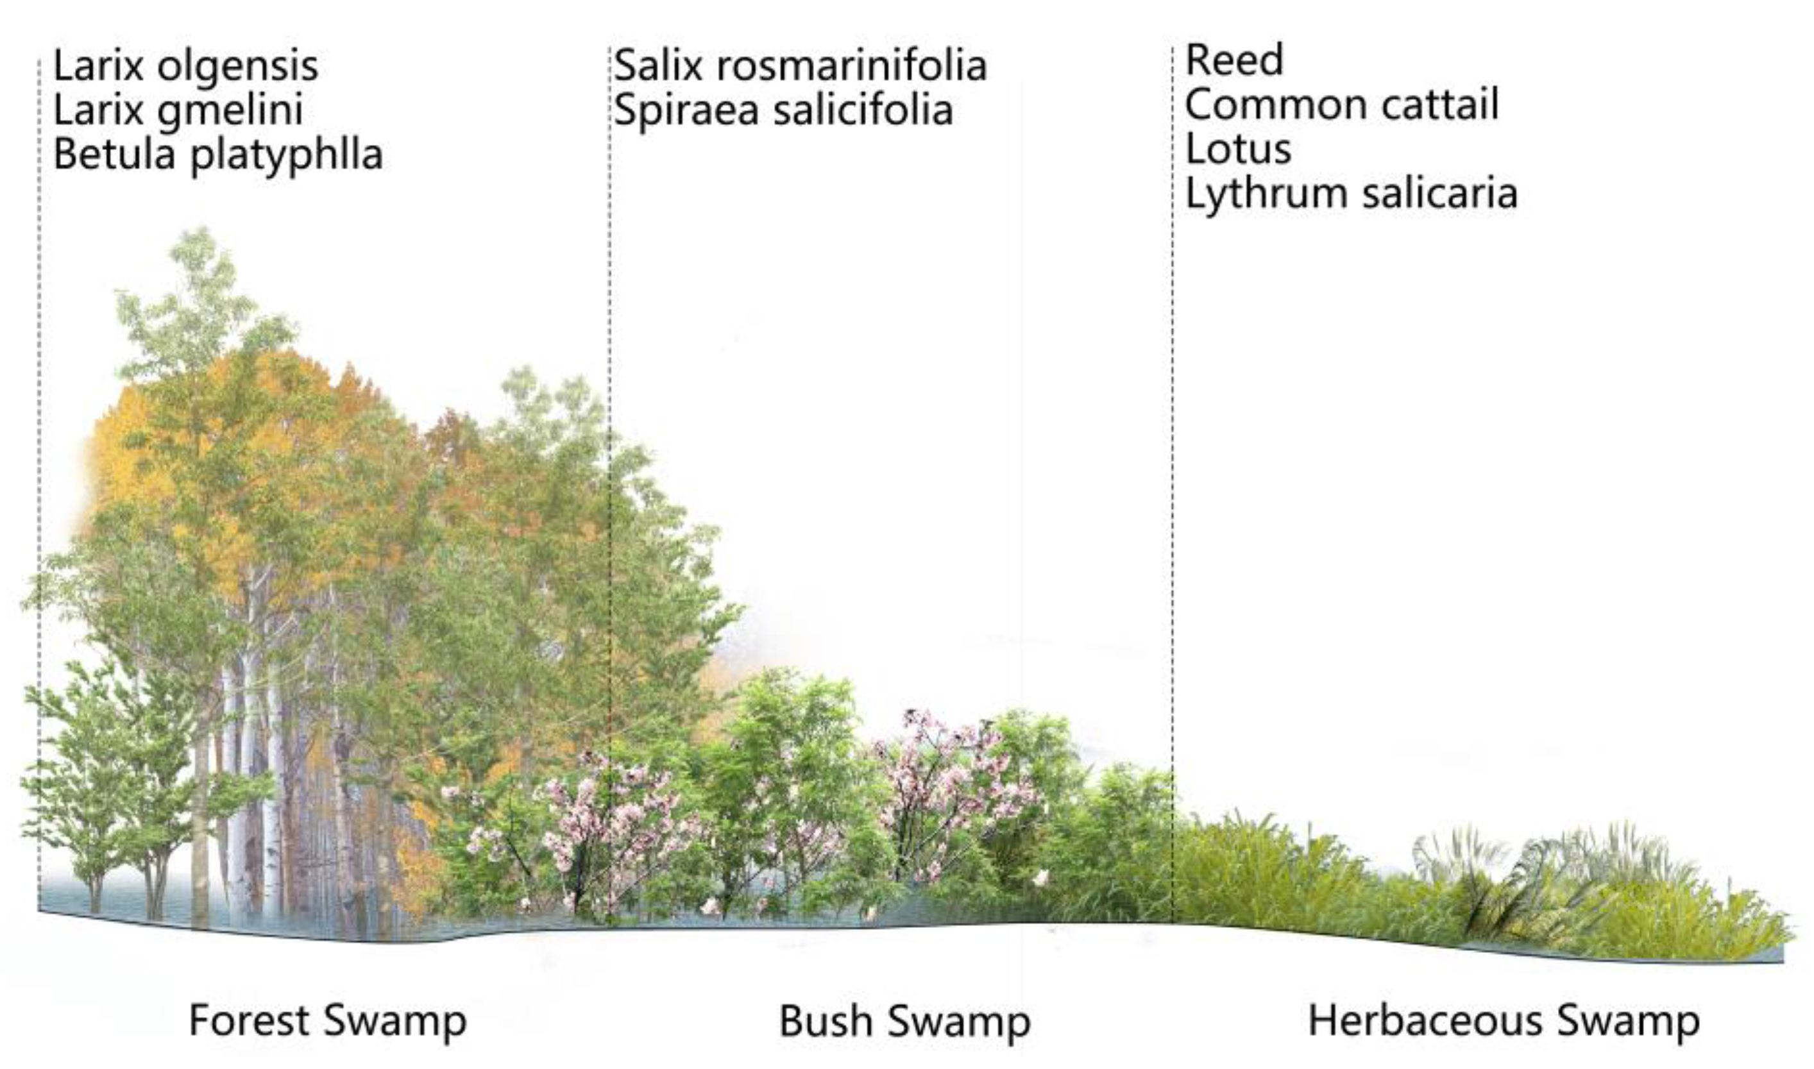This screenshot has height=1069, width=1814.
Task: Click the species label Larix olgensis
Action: coord(185,66)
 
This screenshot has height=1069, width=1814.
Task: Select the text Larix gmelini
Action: coord(178,110)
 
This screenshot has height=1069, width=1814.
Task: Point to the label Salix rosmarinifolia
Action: coord(800,65)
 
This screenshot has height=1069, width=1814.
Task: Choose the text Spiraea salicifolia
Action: coord(783,110)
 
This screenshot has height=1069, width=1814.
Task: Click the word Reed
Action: coord(1234,60)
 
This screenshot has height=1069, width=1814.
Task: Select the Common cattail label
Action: coord(1341,105)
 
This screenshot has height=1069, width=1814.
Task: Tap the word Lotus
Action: coord(1238,149)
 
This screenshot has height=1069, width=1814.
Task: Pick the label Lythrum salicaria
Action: coord(1351,194)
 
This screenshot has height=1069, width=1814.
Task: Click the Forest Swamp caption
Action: coord(328,1021)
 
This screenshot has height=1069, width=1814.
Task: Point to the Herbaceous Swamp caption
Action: coord(1504,1021)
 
